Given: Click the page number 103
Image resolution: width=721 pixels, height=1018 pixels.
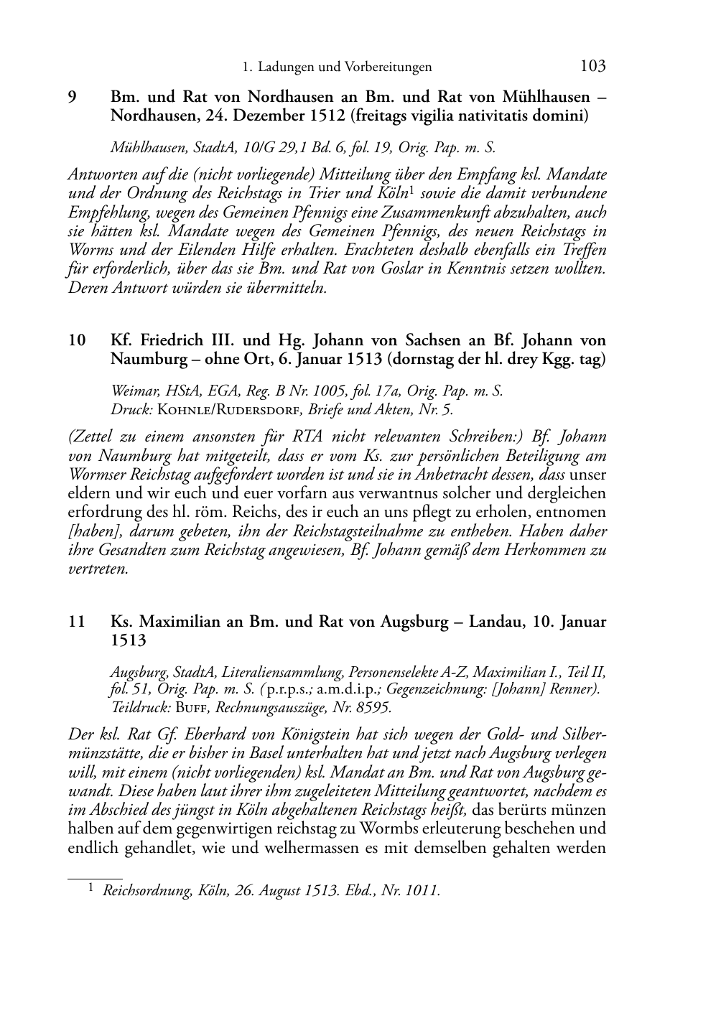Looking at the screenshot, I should pos(592,66).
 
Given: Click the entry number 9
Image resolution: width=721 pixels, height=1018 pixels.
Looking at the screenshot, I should pos(73,97).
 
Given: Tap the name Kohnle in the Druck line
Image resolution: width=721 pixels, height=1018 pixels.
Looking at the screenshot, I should pos(182,410).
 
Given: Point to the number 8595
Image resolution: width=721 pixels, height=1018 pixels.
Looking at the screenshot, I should pos(372,707).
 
